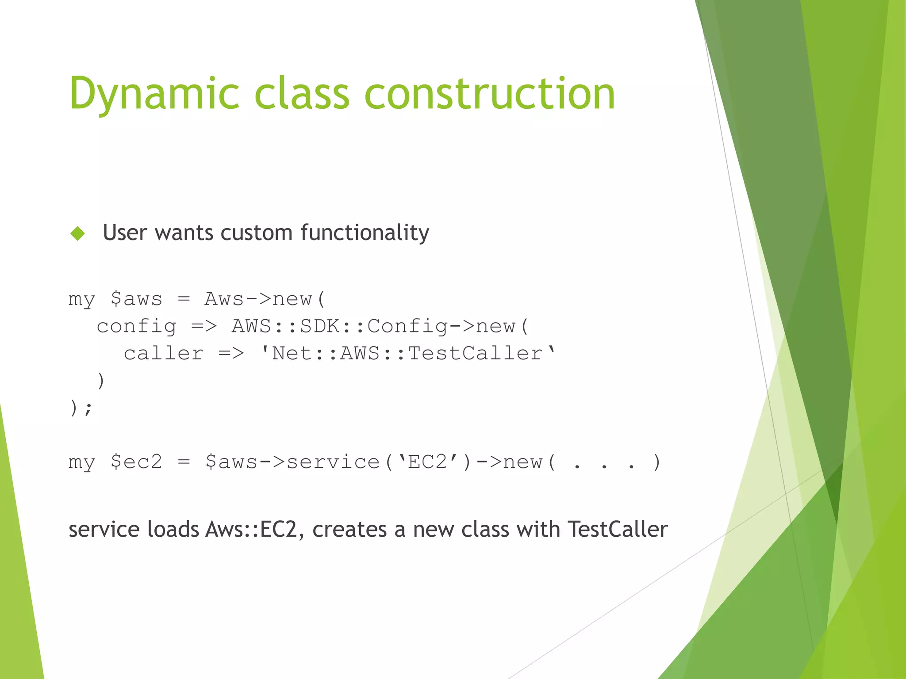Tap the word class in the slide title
point(302,94)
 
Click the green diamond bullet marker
point(77,233)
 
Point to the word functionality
point(365,233)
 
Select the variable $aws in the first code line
point(136,299)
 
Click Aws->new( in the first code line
point(265,299)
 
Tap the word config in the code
point(137,327)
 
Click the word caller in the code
point(163,354)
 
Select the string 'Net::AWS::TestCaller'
point(408,354)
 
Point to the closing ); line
point(81,408)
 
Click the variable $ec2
point(136,462)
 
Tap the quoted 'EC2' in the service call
point(427,462)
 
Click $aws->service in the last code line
point(292,462)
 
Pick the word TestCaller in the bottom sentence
point(618,530)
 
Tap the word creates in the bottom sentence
point(349,530)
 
